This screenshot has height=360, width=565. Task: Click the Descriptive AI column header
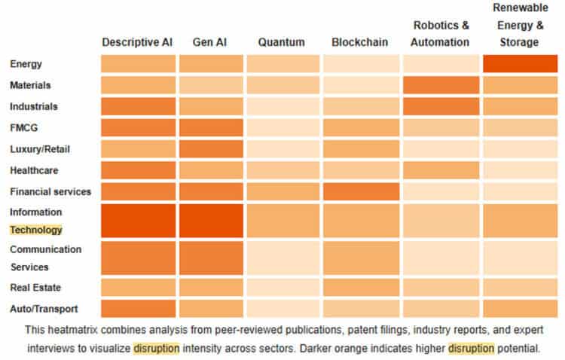click(x=137, y=42)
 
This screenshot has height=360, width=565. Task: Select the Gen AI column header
click(x=211, y=42)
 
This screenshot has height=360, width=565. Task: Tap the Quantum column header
click(x=281, y=42)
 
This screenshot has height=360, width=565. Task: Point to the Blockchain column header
click(x=359, y=42)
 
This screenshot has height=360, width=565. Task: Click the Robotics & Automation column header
click(x=441, y=34)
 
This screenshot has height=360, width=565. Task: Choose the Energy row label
click(x=26, y=64)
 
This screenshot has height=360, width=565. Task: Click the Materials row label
click(x=29, y=85)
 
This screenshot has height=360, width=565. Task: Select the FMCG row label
click(x=23, y=128)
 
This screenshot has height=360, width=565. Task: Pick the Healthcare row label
click(x=34, y=170)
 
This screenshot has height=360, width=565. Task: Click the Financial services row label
click(x=50, y=191)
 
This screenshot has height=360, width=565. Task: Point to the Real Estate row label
click(x=35, y=288)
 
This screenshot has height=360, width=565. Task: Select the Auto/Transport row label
click(x=44, y=309)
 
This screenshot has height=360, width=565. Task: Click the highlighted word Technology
click(x=35, y=230)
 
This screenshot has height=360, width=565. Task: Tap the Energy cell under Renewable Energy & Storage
click(x=519, y=64)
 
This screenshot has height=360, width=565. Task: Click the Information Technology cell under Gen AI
click(x=211, y=220)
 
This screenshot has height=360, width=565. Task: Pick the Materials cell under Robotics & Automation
click(x=441, y=85)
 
